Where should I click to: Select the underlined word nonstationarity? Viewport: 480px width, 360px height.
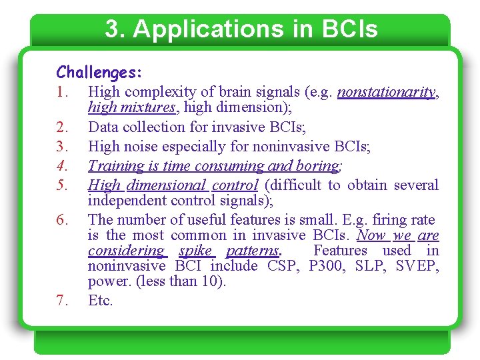(386, 92)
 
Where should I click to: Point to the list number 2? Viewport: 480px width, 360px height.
(62, 127)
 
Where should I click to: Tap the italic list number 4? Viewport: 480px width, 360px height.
(62, 165)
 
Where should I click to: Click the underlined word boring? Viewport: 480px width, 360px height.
(319, 165)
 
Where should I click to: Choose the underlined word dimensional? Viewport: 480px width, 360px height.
(167, 185)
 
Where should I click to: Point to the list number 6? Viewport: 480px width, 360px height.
(62, 220)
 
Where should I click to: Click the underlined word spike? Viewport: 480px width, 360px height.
(195, 251)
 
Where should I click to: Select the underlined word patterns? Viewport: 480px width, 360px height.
(253, 251)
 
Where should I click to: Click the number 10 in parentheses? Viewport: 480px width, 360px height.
(213, 281)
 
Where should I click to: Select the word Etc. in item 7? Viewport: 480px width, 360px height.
(101, 300)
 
